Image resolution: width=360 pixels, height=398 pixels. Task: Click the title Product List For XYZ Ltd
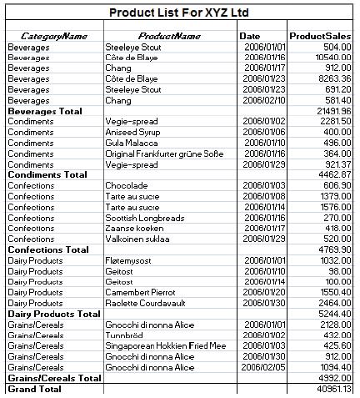pyautogui.click(x=179, y=13)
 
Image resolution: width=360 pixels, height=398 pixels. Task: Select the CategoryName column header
pyautogui.click(x=54, y=36)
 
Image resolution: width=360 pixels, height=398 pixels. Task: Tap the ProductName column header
pyautogui.click(x=169, y=36)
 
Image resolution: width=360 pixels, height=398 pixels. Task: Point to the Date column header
pyautogui.click(x=250, y=36)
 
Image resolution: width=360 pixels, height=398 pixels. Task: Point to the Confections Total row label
pyautogui.click(x=47, y=249)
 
